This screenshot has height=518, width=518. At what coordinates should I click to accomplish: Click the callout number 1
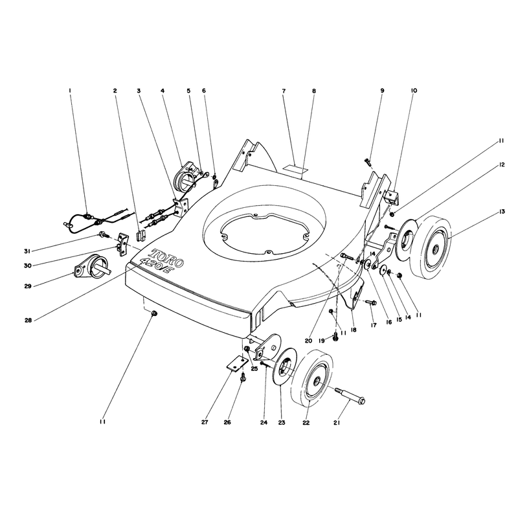(x=70, y=91)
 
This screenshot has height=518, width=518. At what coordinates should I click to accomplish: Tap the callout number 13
(x=502, y=212)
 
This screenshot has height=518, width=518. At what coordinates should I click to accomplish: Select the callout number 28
(x=28, y=320)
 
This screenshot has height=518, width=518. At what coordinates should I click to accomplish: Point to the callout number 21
(x=337, y=423)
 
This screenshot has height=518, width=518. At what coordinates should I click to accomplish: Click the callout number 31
(x=27, y=251)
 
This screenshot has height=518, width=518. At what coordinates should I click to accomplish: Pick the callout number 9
(x=382, y=91)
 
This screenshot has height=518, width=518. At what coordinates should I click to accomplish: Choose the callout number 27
(x=205, y=423)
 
